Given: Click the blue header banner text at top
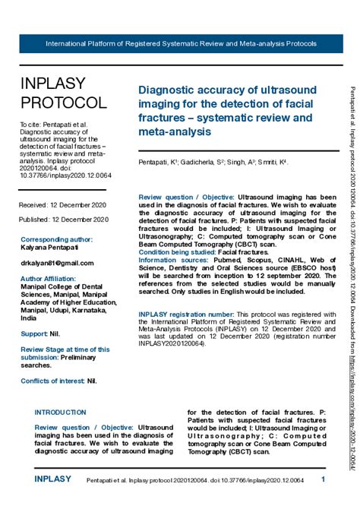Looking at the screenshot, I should point(181,43).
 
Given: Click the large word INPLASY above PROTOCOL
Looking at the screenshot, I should point(53,84).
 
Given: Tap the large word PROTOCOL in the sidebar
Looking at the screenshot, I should point(64,103).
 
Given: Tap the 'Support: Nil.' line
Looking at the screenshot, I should point(40,334).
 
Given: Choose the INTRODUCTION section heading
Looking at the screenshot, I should point(61,412).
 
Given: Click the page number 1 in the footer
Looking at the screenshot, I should point(323,479).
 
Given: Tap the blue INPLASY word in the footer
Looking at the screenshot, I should point(53,479).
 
